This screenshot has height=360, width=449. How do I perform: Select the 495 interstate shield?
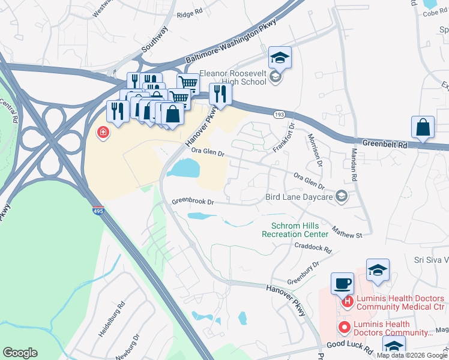pos(97,211)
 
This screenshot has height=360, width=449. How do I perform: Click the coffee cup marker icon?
pos(342,283)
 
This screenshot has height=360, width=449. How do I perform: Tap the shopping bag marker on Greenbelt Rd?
pos(423,127)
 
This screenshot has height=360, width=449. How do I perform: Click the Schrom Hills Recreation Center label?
pos(295,230)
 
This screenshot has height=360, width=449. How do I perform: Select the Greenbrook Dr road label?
pos(193,202)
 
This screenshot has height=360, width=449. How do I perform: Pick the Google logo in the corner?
pos(20,353)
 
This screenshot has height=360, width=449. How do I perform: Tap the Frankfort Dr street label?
pos(285,137)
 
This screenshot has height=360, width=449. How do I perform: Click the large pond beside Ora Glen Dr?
pos(184,169)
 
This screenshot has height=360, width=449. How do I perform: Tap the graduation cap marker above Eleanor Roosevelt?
pos(280,58)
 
